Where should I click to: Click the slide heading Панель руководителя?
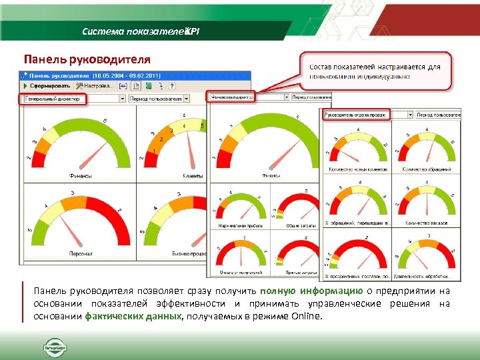87,59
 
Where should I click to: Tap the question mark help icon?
172,86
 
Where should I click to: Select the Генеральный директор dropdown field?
71,99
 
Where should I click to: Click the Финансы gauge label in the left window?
80,176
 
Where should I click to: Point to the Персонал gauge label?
80,253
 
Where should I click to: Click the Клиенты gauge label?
193,176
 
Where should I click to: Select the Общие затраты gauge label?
296,226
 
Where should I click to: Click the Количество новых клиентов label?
357,170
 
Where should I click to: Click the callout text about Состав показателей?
375,71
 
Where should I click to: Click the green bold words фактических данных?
133,316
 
